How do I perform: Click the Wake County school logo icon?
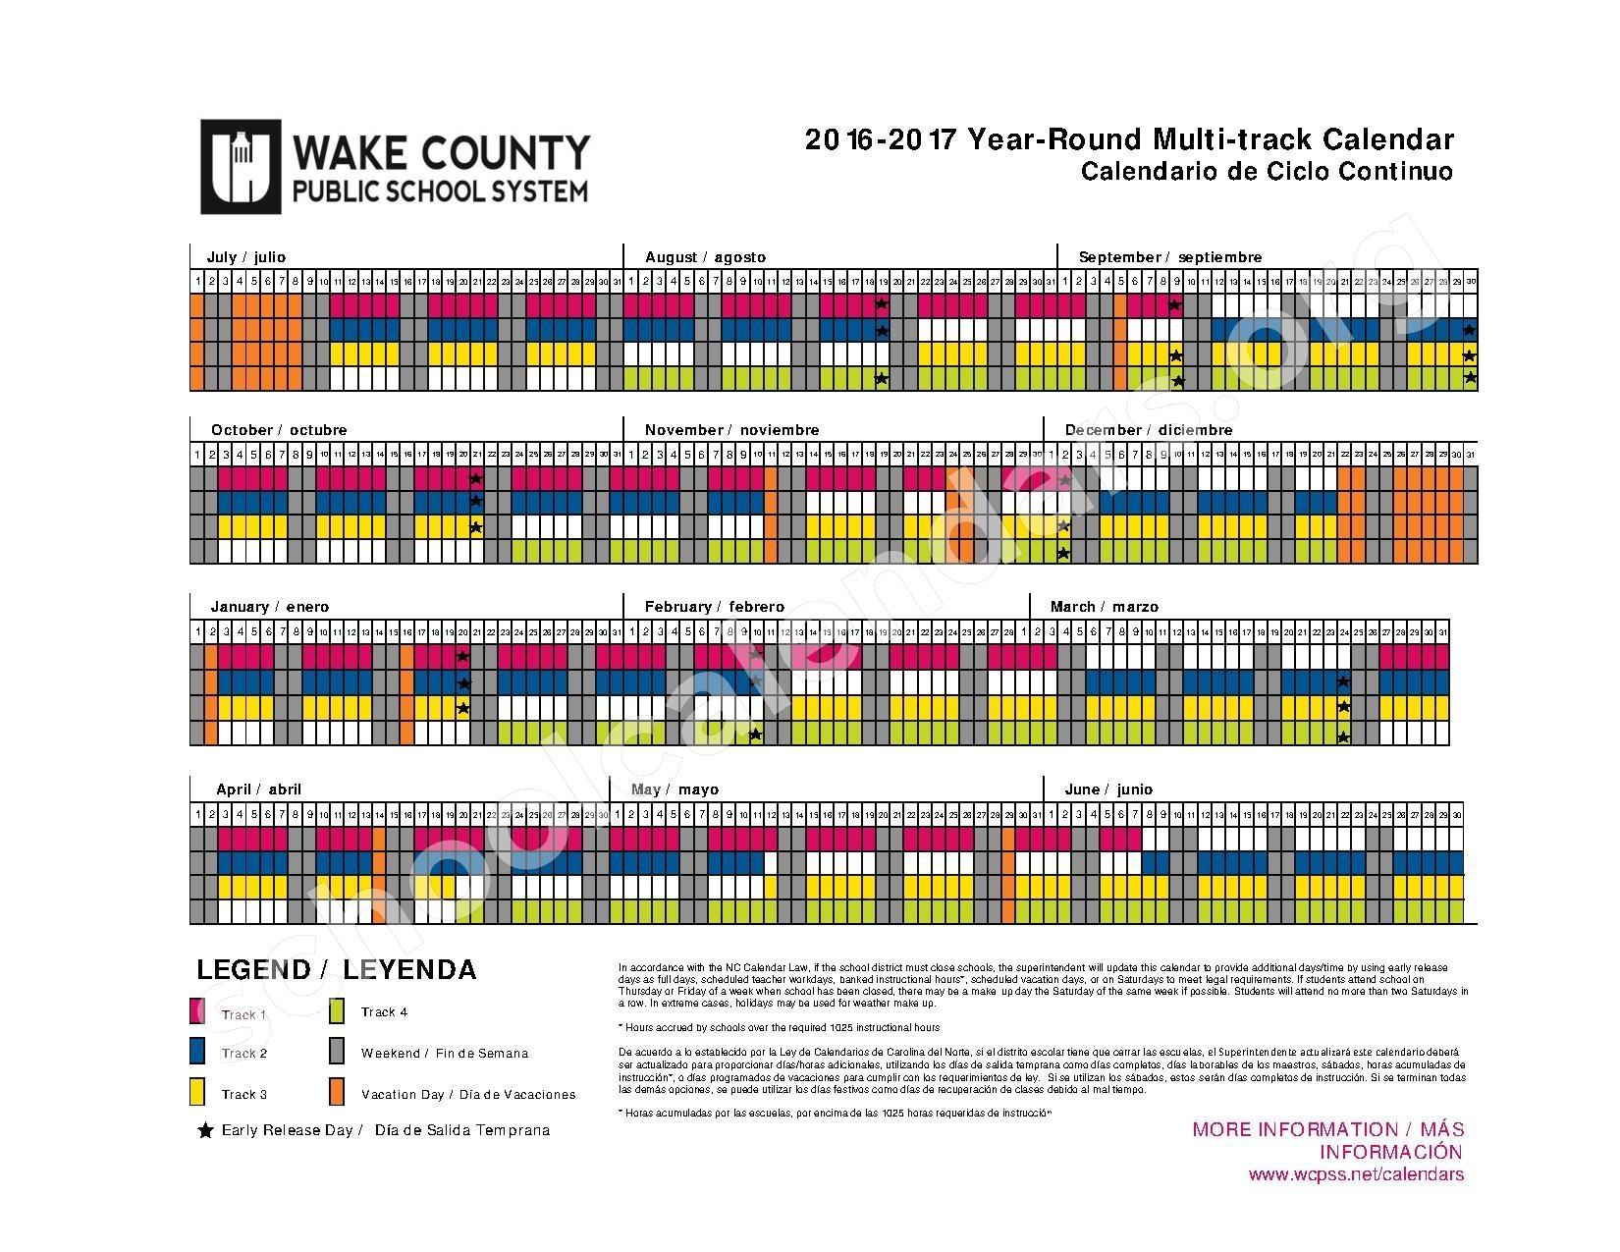point(241,166)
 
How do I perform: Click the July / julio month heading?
point(245,257)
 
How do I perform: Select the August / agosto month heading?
point(705,257)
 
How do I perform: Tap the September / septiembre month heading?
point(1170,257)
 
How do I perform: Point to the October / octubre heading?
point(279,430)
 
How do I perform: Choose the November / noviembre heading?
point(731,430)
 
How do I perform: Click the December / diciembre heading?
point(1149,430)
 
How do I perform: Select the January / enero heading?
point(270,607)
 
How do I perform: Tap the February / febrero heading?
point(715,607)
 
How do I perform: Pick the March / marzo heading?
point(1105,607)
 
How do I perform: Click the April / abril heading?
point(259,789)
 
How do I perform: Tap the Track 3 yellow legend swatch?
point(197,1093)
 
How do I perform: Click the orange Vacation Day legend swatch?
point(337,1093)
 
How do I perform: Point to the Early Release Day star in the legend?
point(205,1130)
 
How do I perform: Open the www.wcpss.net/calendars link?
point(1356,1174)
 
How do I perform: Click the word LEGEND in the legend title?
point(253,970)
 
